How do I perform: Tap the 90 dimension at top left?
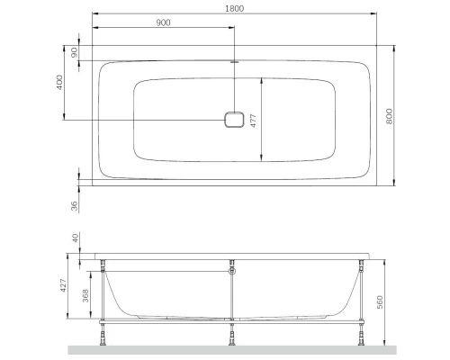[76, 53]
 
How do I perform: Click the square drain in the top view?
[233, 121]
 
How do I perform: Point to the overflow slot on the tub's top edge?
[233, 62]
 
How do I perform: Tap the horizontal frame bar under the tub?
[180, 320]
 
